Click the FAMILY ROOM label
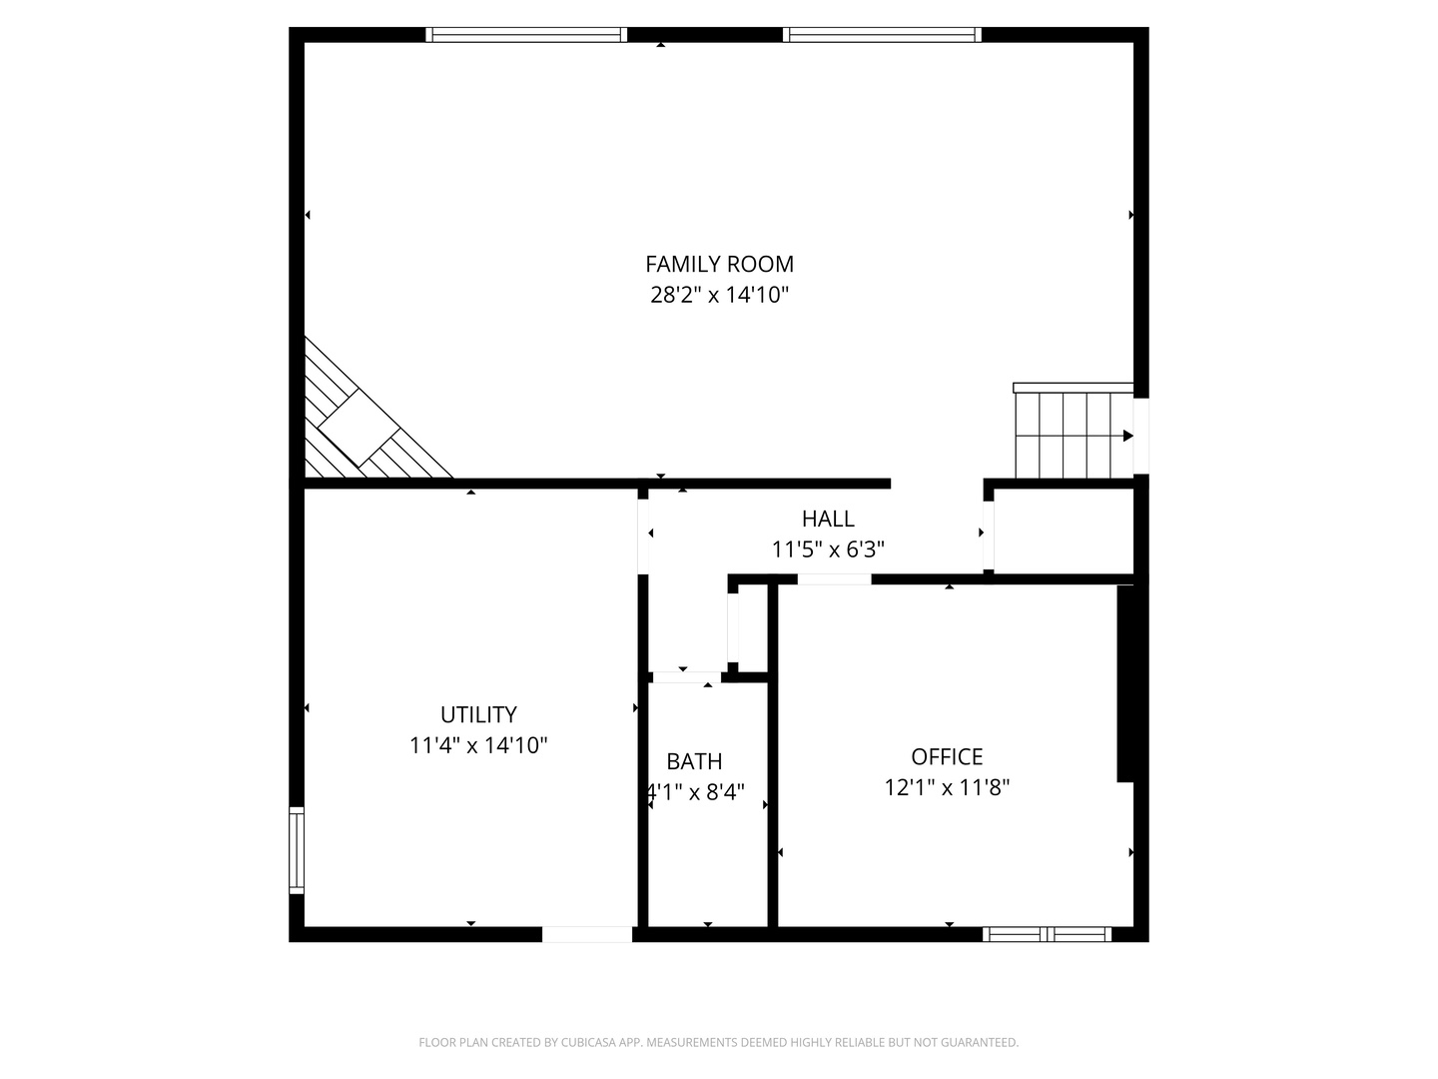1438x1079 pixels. (719, 264)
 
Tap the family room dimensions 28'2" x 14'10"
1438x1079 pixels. (719, 295)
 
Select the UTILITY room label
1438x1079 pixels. (478, 714)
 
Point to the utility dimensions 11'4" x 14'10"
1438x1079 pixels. (478, 745)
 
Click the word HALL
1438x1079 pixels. (828, 519)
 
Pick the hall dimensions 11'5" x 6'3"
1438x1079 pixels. (828, 549)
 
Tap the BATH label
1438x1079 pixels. (694, 761)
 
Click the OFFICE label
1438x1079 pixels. (947, 756)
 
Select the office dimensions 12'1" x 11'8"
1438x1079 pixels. (947, 787)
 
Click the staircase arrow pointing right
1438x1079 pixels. (1128, 436)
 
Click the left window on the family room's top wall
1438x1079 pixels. (526, 35)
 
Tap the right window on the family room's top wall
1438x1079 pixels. (882, 35)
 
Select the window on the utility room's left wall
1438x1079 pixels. (297, 850)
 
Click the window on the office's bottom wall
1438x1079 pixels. (1047, 934)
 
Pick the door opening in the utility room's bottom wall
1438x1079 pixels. (587, 934)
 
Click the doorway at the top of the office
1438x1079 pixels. (834, 579)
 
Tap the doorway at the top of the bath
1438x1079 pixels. (686, 677)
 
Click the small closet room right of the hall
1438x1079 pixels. (1064, 532)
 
